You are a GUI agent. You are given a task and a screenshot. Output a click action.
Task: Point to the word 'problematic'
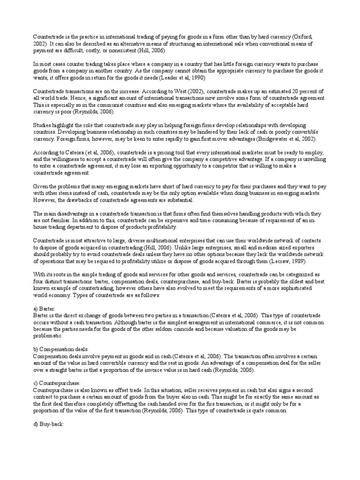[47, 336]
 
